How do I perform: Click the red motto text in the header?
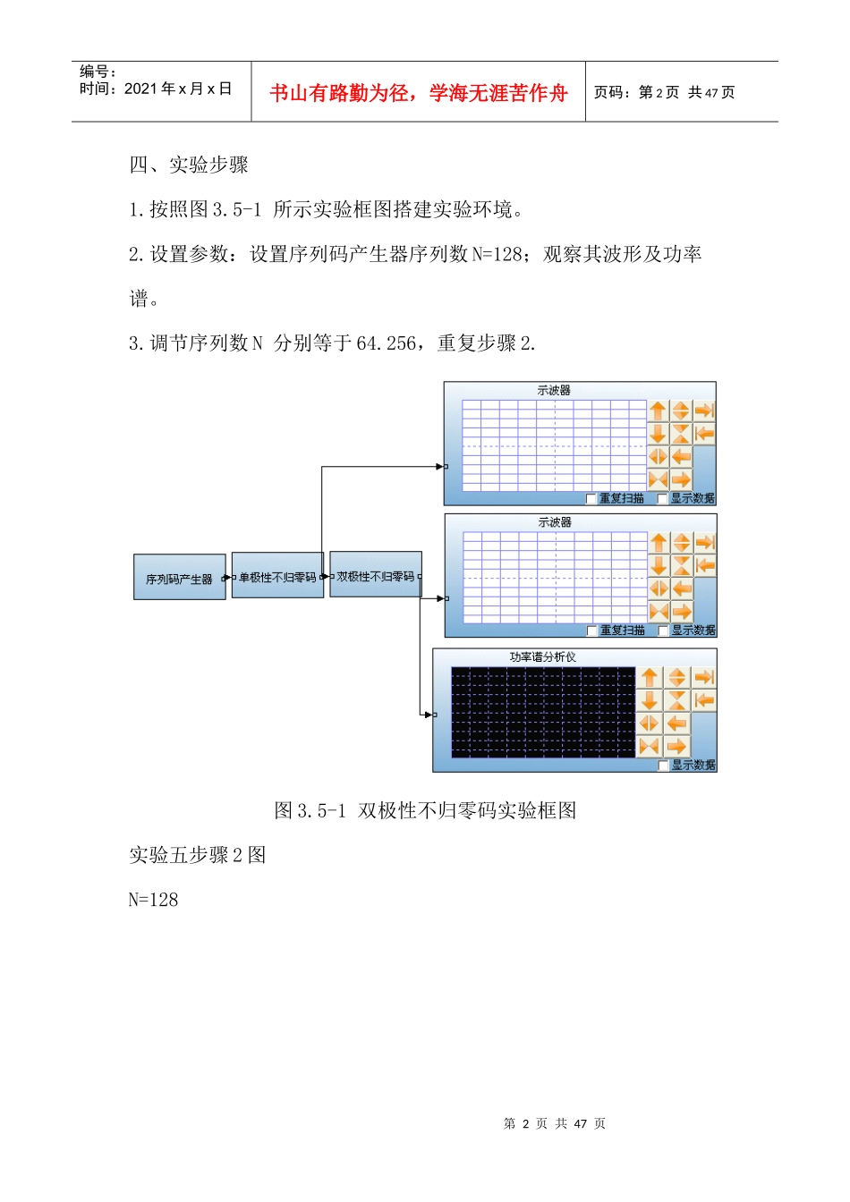418,93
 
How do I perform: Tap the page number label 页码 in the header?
613,92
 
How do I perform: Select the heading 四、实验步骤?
189,165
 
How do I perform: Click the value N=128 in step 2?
497,254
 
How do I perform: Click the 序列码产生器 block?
180,578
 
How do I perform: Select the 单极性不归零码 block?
277,576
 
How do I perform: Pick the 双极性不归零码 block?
376,575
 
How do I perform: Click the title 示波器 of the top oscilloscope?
554,391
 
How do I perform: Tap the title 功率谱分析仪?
543,656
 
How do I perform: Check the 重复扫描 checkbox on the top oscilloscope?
591,498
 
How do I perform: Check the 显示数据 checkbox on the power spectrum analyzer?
663,766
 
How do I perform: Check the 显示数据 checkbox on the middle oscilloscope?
663,631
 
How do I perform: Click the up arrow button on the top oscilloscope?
659,411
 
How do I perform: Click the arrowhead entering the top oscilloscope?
439,466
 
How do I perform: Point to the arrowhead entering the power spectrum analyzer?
428,715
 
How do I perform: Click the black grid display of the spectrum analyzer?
542,712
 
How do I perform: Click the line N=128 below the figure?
154,900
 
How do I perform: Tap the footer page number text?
555,1123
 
